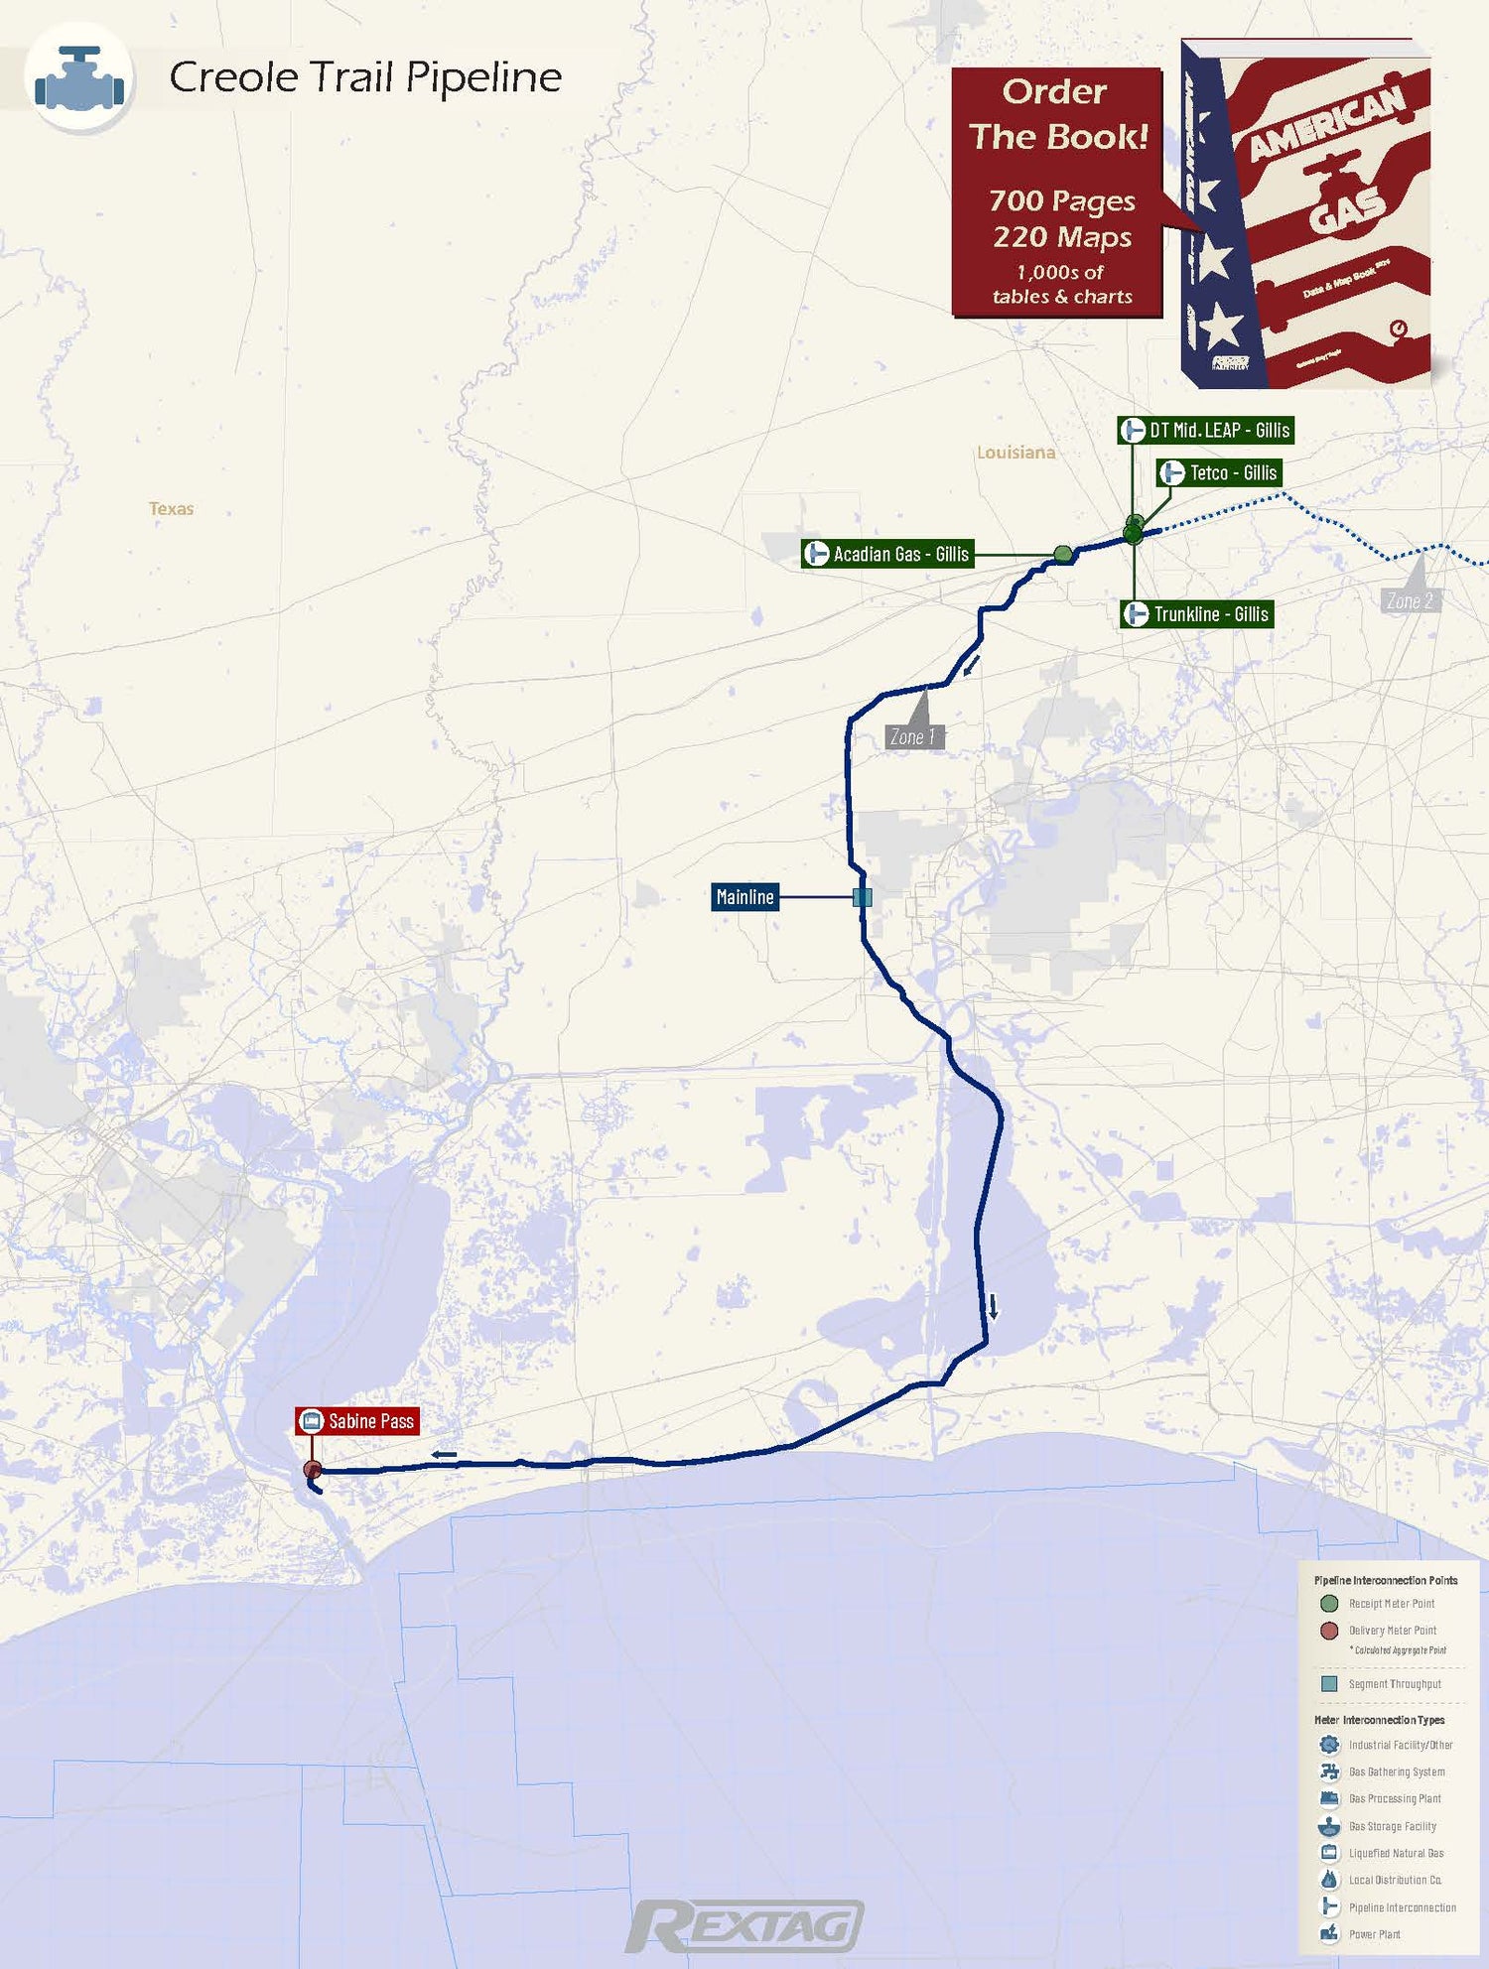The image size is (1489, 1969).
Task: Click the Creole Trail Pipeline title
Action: [x=365, y=77]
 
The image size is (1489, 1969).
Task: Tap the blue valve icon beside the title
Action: [x=79, y=78]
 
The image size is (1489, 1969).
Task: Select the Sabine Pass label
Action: [x=357, y=1421]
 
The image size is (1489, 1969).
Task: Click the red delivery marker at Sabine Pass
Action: [x=313, y=1470]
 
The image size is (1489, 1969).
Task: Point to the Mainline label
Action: [x=744, y=897]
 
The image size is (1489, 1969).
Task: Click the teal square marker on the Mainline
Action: [x=863, y=897]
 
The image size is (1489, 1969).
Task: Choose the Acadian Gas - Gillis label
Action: [x=887, y=554]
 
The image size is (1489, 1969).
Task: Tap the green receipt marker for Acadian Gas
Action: [x=1063, y=554]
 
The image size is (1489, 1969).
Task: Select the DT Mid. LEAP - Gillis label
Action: [x=1206, y=430]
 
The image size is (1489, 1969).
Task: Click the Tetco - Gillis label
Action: [x=1220, y=472]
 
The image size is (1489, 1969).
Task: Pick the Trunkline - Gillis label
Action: [x=1197, y=614]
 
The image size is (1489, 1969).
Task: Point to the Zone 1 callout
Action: [x=913, y=736]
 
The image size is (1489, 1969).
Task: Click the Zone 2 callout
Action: [x=1410, y=600]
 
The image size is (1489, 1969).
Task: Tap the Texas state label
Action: [x=171, y=509]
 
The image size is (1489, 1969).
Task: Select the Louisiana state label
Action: [x=1015, y=453]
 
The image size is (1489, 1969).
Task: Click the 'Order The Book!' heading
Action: [x=1057, y=114]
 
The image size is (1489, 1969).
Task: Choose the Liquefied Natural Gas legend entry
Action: [x=1396, y=1853]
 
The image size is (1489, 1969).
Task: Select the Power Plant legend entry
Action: [x=1374, y=1934]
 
